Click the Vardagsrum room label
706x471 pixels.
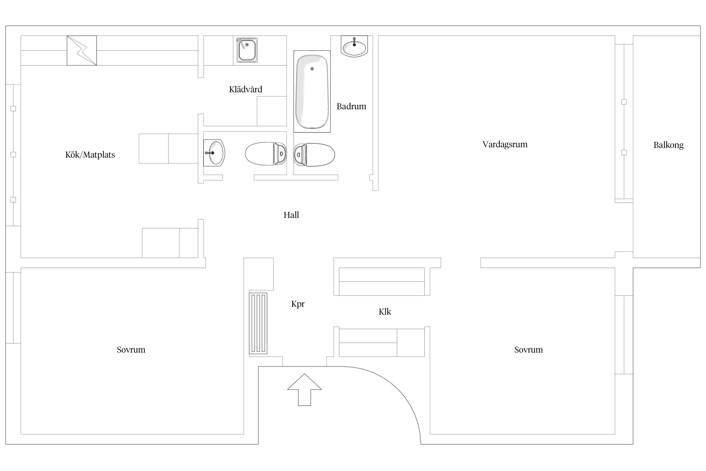(505, 144)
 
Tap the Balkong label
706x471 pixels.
(668, 145)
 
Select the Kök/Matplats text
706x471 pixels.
(90, 154)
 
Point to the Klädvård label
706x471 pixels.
(246, 89)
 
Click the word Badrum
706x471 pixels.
(351, 106)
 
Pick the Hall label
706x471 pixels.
(291, 215)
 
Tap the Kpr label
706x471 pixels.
(298, 304)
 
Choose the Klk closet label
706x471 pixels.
(385, 312)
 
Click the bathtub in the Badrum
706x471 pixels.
(312, 91)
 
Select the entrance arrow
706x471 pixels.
(304, 389)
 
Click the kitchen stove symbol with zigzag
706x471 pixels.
(82, 51)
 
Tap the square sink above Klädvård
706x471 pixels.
(247, 50)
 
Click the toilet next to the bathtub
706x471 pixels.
(314, 154)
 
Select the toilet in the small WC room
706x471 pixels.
(266, 154)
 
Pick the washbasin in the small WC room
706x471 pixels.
(214, 153)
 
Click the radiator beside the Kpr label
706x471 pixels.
(258, 323)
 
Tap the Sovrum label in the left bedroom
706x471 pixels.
(131, 350)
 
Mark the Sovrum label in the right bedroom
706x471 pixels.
(528, 350)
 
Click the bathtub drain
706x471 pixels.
(312, 69)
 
